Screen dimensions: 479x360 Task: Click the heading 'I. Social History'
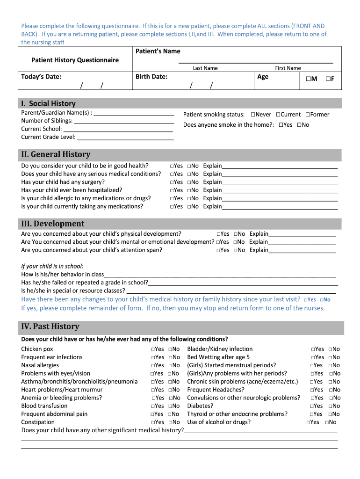(x=48, y=103)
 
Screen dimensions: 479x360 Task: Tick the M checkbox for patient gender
(x=309, y=79)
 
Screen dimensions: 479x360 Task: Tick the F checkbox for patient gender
(x=328, y=79)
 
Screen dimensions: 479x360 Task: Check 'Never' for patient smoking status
(x=253, y=115)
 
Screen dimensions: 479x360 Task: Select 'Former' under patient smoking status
(x=308, y=115)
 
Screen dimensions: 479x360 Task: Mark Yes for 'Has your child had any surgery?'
(x=173, y=182)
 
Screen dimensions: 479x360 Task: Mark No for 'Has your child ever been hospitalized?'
(x=189, y=190)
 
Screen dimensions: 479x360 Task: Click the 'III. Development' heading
(x=53, y=224)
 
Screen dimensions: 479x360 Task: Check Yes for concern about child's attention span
(x=219, y=250)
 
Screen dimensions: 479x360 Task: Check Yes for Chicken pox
(x=153, y=349)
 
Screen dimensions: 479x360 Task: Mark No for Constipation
(x=171, y=422)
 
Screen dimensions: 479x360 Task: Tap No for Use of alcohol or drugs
(x=327, y=422)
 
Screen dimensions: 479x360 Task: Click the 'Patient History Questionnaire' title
(x=75, y=60)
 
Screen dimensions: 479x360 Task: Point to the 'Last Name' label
(x=205, y=68)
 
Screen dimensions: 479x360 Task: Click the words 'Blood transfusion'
(x=44, y=406)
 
